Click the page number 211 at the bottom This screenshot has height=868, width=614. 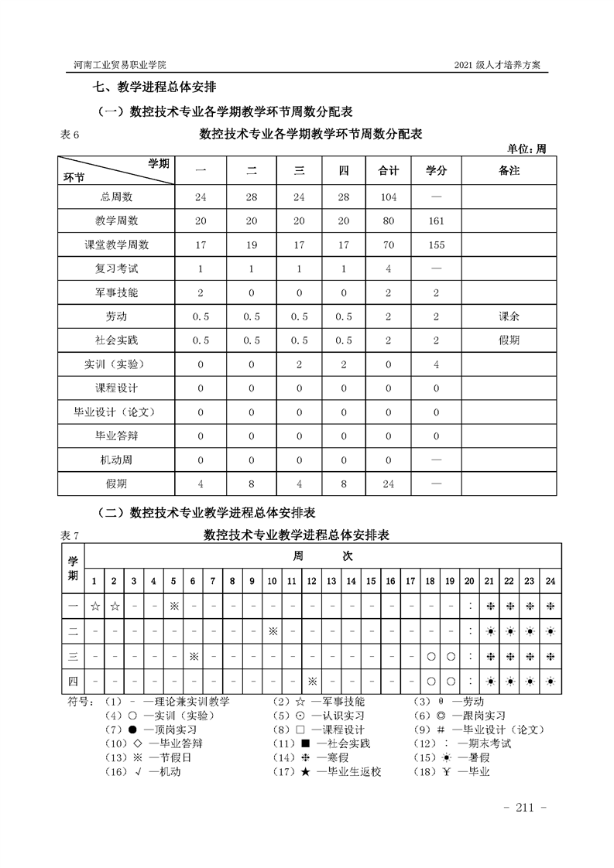point(526,808)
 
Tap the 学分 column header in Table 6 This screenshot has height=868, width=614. point(437,170)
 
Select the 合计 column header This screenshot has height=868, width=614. point(389,170)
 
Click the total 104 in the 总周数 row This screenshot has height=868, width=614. point(389,197)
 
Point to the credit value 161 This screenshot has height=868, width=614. point(437,220)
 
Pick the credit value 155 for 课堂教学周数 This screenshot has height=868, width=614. point(437,244)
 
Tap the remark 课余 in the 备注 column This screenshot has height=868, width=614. point(509,316)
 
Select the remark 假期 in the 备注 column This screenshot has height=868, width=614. point(509,340)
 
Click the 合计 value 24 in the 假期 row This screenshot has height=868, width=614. point(389,484)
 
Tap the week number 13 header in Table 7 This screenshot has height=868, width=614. point(331,581)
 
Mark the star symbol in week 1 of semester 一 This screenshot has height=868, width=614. point(94,607)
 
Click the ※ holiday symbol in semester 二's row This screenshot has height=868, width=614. point(273,631)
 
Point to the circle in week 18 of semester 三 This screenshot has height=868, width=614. point(430,657)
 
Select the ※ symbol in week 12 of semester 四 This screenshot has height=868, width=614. point(312,682)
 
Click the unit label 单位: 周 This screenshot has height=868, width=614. point(527,149)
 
